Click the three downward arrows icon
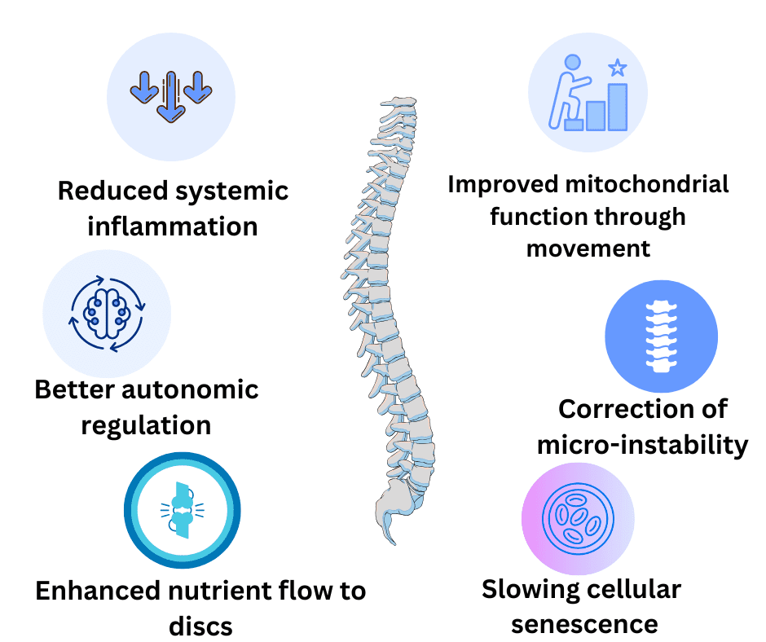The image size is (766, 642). [x=171, y=95]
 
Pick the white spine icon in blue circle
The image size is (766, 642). [x=661, y=335]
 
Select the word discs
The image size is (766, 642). [x=200, y=626]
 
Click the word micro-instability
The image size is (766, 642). [x=642, y=445]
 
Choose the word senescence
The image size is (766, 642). [x=584, y=623]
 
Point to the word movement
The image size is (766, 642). [x=588, y=247]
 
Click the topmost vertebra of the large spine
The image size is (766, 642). [x=398, y=105]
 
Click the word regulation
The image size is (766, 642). [x=147, y=424]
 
